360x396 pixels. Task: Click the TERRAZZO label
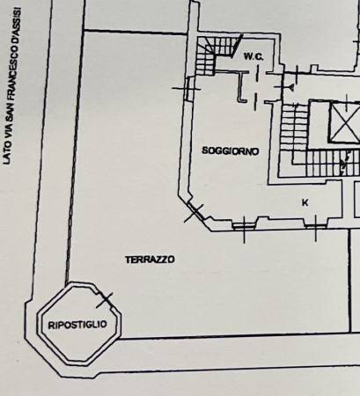click(150, 260)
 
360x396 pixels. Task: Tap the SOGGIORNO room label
click(231, 150)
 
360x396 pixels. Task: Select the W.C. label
click(253, 56)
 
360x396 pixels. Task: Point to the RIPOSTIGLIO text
click(77, 325)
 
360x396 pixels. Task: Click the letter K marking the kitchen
click(305, 202)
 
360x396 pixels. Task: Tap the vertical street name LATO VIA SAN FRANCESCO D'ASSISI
click(12, 85)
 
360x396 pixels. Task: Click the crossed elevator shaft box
click(344, 122)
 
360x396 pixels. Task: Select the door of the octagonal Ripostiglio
click(105, 300)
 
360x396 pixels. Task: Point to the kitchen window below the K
click(315, 226)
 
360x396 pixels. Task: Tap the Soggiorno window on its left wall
click(189, 88)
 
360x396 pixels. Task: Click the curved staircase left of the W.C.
click(216, 55)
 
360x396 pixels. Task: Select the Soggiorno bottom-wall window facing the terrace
click(244, 225)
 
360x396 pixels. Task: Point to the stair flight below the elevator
click(326, 164)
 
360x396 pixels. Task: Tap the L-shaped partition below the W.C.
click(240, 87)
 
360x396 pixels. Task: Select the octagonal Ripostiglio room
click(78, 324)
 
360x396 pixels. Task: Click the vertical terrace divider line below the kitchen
click(349, 281)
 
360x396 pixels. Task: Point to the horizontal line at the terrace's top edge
click(135, 32)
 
